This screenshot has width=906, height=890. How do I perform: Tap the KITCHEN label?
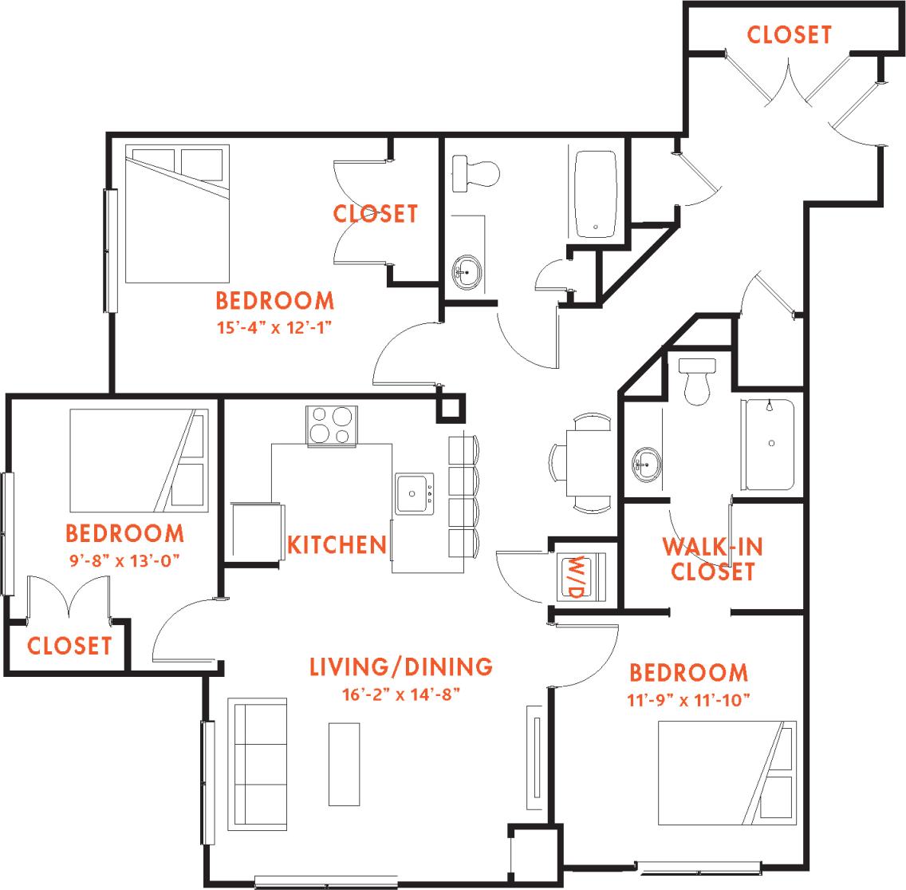click(336, 545)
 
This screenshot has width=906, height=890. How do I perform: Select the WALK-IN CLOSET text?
click(712, 559)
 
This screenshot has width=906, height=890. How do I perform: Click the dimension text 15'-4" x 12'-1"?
click(274, 326)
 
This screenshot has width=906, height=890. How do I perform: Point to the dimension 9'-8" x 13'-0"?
click(124, 559)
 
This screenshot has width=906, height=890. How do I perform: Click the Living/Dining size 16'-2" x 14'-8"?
click(400, 692)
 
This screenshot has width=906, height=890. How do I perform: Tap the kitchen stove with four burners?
click(331, 425)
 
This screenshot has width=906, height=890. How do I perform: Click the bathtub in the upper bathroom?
click(595, 194)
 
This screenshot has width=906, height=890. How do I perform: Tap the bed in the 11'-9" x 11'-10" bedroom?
click(726, 773)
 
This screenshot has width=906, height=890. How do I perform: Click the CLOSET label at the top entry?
click(789, 35)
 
